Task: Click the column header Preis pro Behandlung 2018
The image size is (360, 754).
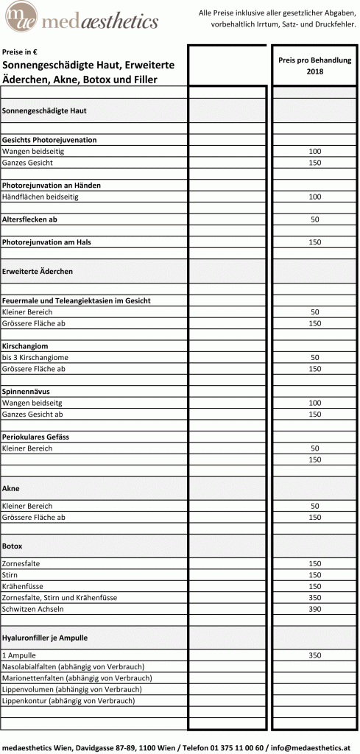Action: pos(314,66)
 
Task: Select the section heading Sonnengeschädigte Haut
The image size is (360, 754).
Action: pos(45,110)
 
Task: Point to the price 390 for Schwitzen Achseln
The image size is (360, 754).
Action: pos(314,609)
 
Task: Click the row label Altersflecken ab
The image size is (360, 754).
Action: pos(29,219)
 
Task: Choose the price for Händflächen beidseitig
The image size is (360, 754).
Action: pos(314,197)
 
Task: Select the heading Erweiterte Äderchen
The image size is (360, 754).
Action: pos(38,271)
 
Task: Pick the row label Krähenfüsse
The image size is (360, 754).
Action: pos(23,586)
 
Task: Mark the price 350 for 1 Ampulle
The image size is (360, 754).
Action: pos(314,655)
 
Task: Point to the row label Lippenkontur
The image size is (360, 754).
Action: pos(26,701)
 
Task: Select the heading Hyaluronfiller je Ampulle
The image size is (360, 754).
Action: pos(49,637)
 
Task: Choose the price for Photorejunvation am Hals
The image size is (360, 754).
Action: pos(314,242)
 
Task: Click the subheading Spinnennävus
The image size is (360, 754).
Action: pos(27,392)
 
